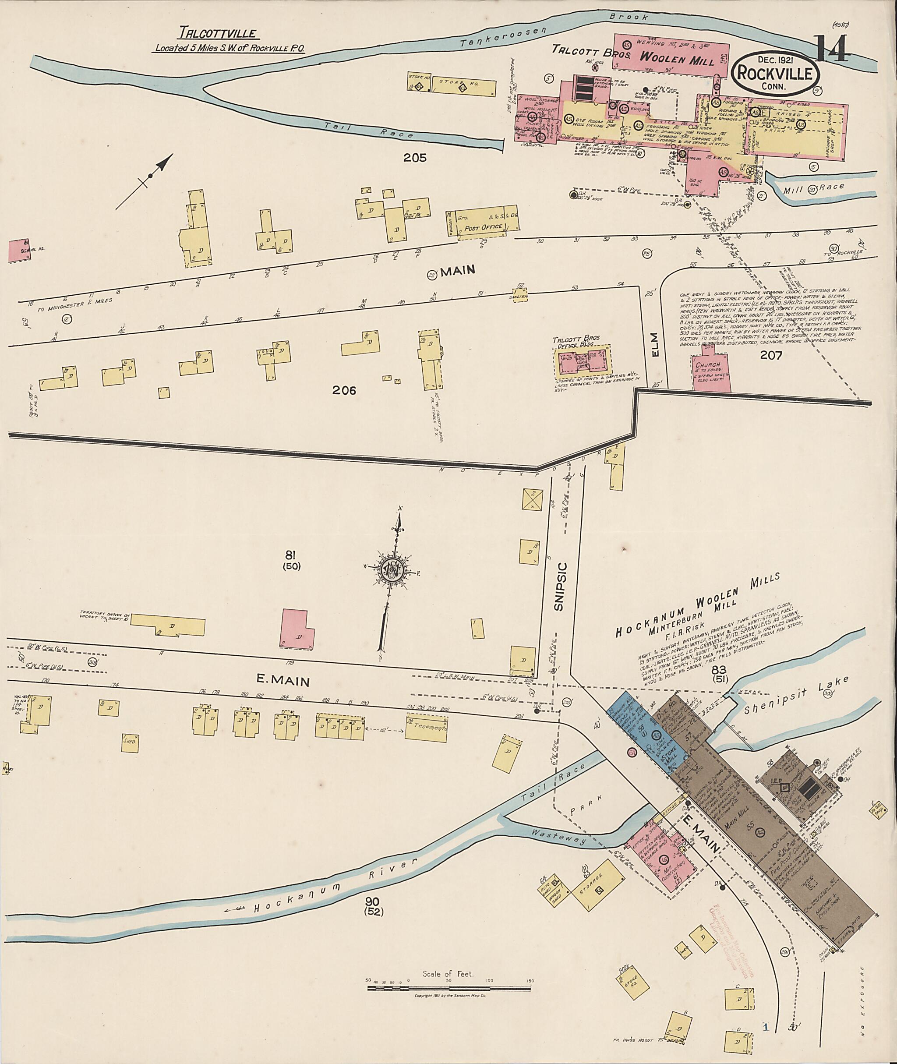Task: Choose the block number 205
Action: click(414, 158)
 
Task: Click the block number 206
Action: click(344, 391)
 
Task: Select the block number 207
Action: click(770, 354)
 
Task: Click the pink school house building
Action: click(20, 250)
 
